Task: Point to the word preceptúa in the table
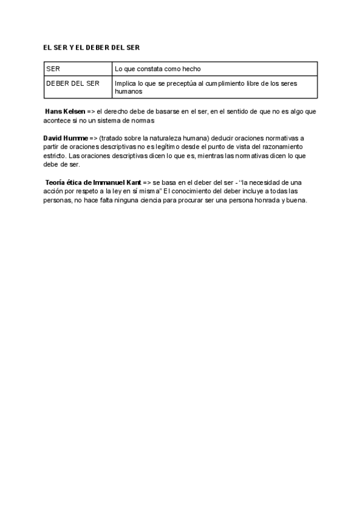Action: (x=180, y=83)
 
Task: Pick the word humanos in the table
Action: (x=128, y=92)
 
